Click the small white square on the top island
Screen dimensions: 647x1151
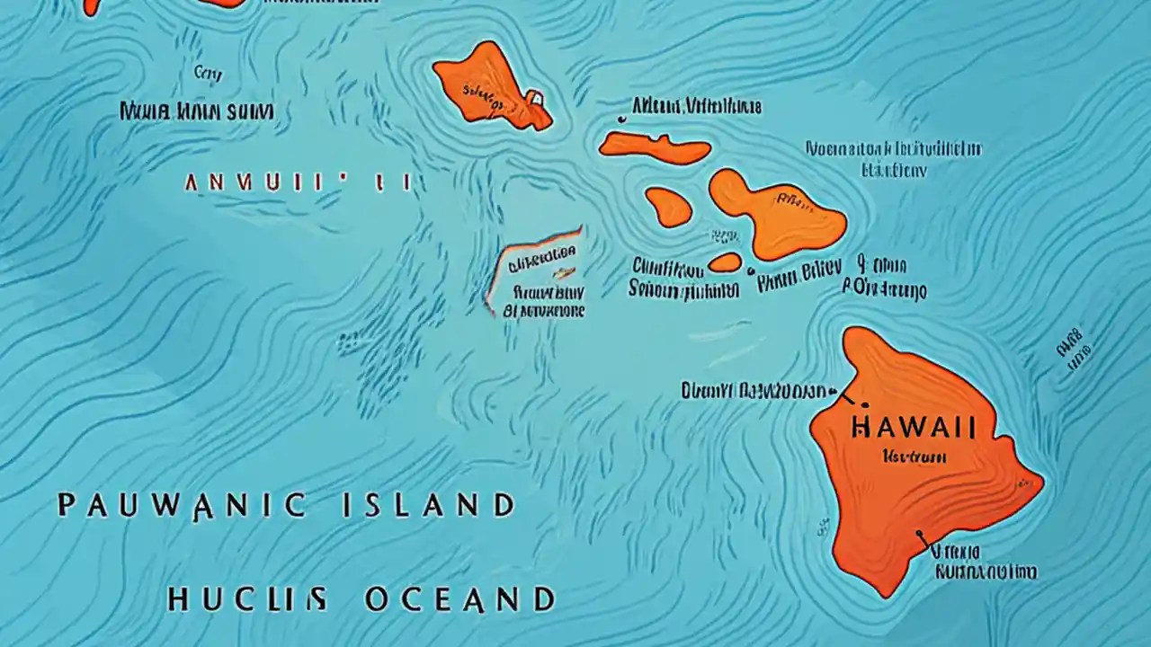pyautogui.click(x=534, y=96)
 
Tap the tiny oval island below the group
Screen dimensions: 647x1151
pyautogui.click(x=725, y=262)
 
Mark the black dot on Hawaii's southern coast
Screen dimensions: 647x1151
pyautogui.click(x=918, y=535)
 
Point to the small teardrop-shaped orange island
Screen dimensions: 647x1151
pyautogui.click(x=668, y=207)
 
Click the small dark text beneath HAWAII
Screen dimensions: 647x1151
pyautogui.click(x=915, y=456)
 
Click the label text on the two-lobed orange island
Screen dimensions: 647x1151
pyautogui.click(x=791, y=199)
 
